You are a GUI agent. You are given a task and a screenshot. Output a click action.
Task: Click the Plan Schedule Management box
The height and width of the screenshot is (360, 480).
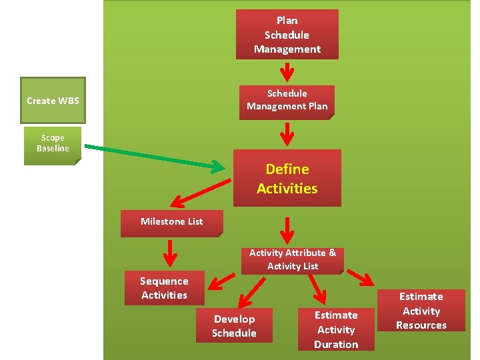pyautogui.click(x=287, y=35)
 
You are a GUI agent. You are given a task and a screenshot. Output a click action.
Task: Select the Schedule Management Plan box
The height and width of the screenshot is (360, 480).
pyautogui.click(x=287, y=100)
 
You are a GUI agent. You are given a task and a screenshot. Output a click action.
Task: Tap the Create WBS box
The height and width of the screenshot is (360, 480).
pyautogui.click(x=53, y=101)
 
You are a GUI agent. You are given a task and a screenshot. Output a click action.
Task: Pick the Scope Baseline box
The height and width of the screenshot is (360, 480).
pyautogui.click(x=52, y=144)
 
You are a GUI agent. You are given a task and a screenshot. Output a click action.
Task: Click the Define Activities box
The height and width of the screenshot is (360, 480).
pyautogui.click(x=287, y=179)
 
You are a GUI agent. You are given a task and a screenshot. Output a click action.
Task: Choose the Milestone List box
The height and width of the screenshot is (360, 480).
pyautogui.click(x=171, y=222)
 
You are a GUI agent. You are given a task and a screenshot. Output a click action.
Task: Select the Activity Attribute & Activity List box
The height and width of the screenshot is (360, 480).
pyautogui.click(x=292, y=259)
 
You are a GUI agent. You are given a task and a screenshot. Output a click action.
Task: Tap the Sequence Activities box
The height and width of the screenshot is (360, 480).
pyautogui.click(x=164, y=289)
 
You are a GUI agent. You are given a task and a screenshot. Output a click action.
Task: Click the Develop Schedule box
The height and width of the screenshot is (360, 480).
pyautogui.click(x=234, y=326)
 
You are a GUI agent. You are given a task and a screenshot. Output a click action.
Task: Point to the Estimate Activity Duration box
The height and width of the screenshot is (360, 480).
pyautogui.click(x=336, y=329)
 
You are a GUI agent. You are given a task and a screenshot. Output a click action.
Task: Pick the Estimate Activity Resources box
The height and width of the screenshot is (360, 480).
pyautogui.click(x=421, y=311)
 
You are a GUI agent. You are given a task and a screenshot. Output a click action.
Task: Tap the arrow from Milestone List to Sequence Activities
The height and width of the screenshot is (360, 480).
pyautogui.click(x=171, y=252)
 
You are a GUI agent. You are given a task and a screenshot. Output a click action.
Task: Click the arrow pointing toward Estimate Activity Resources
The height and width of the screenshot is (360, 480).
pyautogui.click(x=361, y=278)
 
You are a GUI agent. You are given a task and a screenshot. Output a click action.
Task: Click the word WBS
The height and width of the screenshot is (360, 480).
pyautogui.click(x=68, y=101)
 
